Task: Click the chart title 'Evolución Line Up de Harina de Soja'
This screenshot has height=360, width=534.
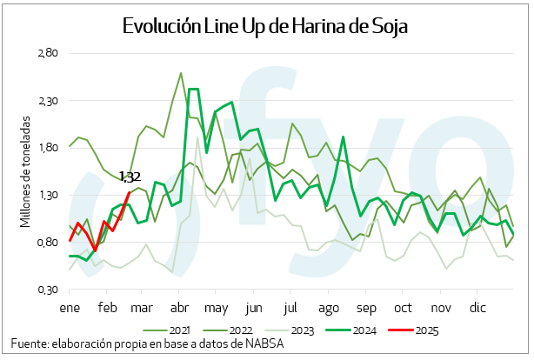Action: click(x=265, y=26)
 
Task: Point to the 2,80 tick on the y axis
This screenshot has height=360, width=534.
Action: click(x=46, y=54)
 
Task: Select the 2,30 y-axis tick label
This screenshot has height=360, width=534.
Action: click(x=46, y=101)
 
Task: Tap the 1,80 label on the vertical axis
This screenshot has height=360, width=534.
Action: click(x=46, y=148)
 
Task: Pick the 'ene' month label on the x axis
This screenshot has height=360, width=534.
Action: click(x=70, y=308)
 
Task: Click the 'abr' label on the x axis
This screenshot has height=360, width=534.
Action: click(x=180, y=308)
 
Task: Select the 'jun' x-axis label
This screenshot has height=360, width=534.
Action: click(x=254, y=308)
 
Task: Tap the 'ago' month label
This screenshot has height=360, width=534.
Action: click(x=329, y=308)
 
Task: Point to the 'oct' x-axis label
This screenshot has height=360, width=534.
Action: click(x=403, y=308)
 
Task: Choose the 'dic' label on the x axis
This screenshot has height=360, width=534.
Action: click(x=477, y=308)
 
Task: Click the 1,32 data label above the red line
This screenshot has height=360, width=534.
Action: click(x=130, y=177)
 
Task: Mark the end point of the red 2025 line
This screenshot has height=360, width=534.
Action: click(x=130, y=192)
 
